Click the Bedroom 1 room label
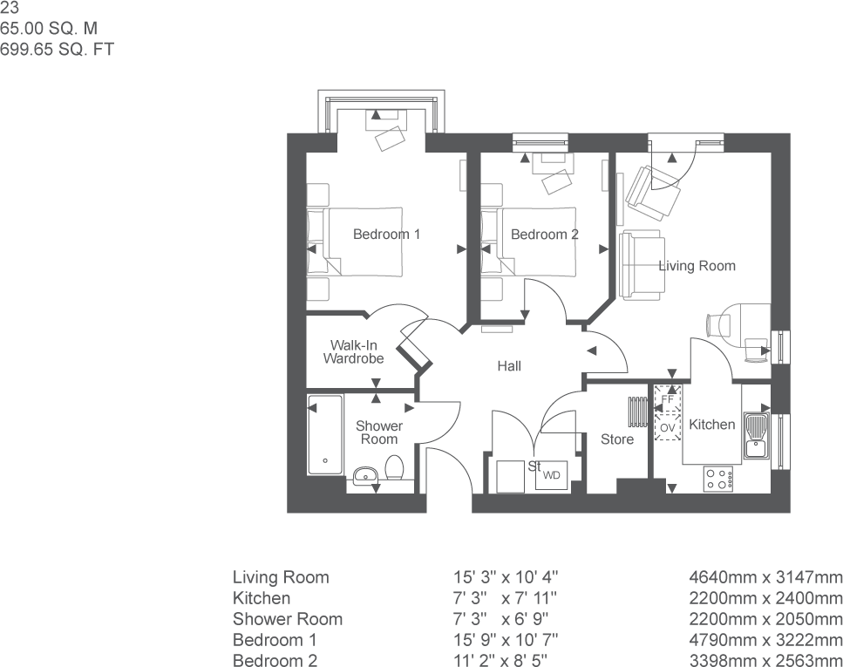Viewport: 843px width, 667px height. pos(386,235)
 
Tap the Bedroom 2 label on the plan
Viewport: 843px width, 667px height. pos(545,235)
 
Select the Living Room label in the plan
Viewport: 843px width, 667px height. pos(697,266)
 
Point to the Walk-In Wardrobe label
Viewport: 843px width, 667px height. pos(353,351)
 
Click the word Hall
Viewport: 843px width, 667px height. pos(509,366)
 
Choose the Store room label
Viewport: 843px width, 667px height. pos(617,439)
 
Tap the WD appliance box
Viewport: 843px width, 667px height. pos(552,476)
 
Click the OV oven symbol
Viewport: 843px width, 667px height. pos(668,428)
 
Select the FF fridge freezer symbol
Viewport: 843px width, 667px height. pos(668,400)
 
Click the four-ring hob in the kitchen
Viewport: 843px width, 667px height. pos(718,478)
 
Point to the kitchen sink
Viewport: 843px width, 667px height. pos(755,436)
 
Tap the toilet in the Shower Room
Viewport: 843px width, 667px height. pos(393,467)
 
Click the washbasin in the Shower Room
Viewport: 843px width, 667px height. pos(364,474)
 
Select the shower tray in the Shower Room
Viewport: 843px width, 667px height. pos(325,435)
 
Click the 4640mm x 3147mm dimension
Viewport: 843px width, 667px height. pos(765,577)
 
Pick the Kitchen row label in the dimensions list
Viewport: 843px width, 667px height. pos(262,598)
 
